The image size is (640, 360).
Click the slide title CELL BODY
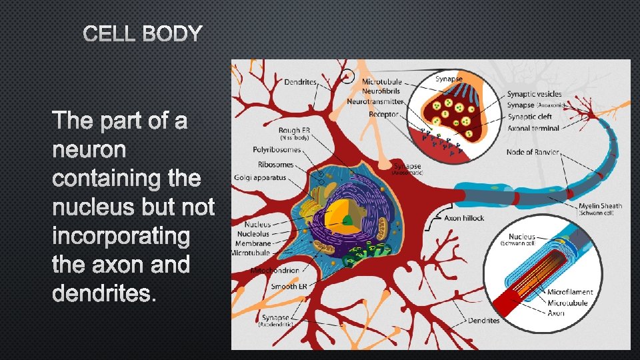pyautogui.click(x=143, y=33)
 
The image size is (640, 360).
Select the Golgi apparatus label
pyautogui.click(x=260, y=178)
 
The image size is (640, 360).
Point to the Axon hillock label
pyautogui.click(x=464, y=218)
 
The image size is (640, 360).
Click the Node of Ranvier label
pyautogui.click(x=533, y=152)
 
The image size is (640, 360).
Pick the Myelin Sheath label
pyautogui.click(x=601, y=206)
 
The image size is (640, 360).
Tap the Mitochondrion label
pyautogui.click(x=275, y=270)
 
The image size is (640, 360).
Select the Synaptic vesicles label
pyautogui.click(x=534, y=95)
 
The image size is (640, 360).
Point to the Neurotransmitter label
pyautogui.click(x=375, y=102)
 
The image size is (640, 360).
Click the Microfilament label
pyautogui.click(x=570, y=292)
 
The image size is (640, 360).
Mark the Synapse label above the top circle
pyautogui.click(x=449, y=79)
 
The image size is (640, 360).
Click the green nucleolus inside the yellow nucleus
pyautogui.click(x=348, y=220)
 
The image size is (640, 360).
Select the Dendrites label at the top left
pyautogui.click(x=301, y=83)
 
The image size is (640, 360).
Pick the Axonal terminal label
pyautogui.click(x=534, y=127)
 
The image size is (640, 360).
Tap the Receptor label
pyautogui.click(x=383, y=114)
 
